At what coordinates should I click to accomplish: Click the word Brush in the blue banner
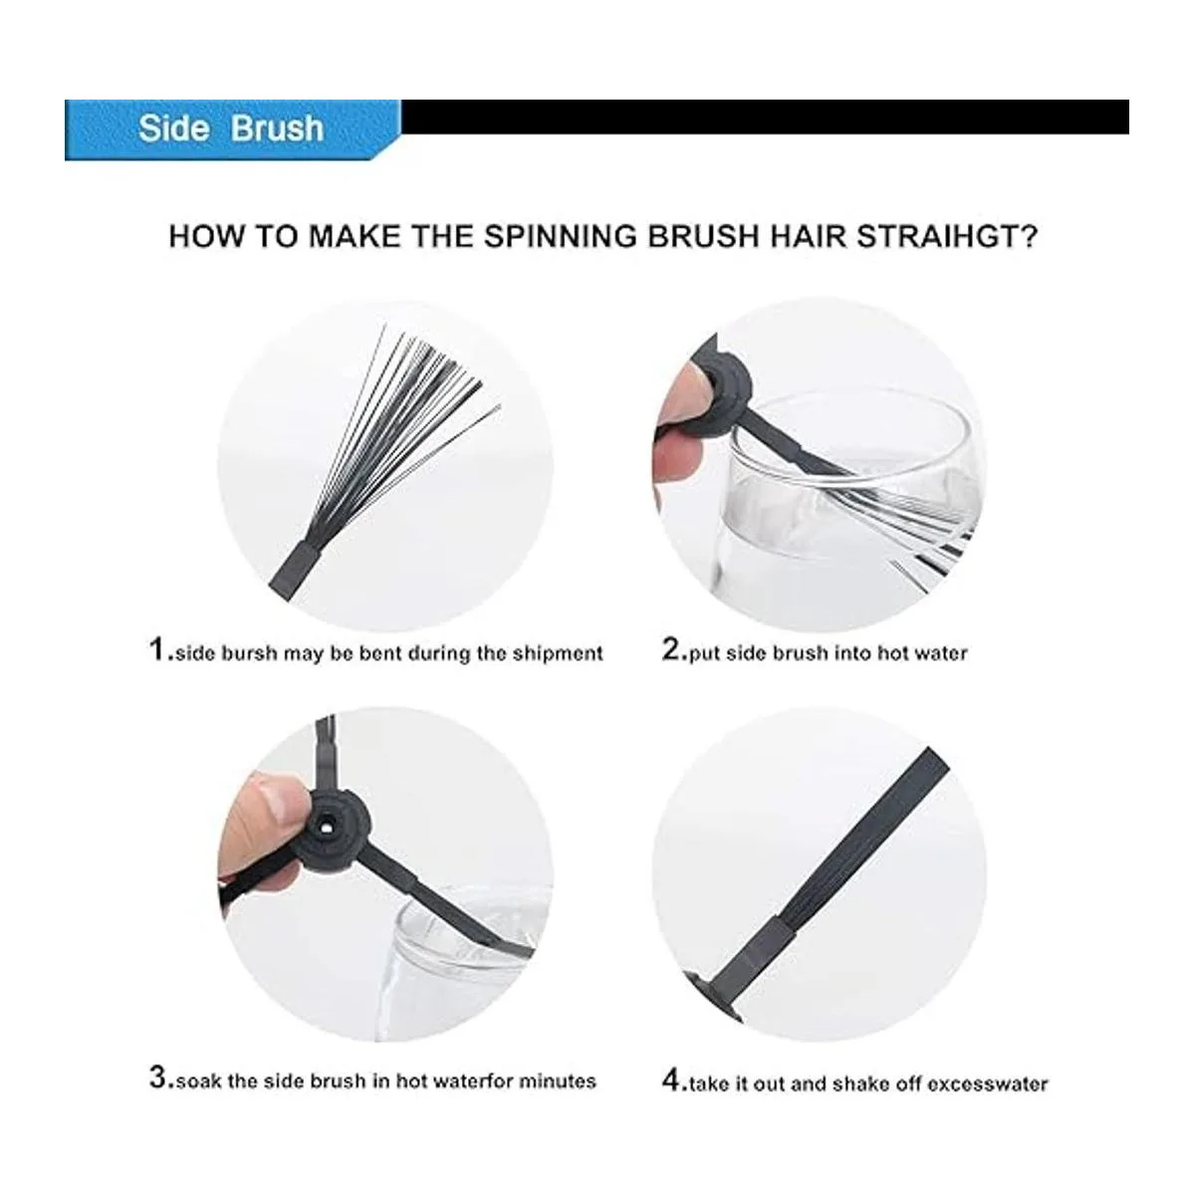[x=277, y=129]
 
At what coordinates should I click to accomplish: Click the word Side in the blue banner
[x=173, y=129]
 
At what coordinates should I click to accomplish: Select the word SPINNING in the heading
[x=561, y=237]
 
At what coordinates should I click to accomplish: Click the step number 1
[x=157, y=650]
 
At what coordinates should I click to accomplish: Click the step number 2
[x=671, y=650]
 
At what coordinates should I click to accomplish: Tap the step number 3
[x=158, y=1077]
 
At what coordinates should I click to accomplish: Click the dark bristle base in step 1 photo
[x=295, y=571]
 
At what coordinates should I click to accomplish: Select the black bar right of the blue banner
[x=765, y=117]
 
